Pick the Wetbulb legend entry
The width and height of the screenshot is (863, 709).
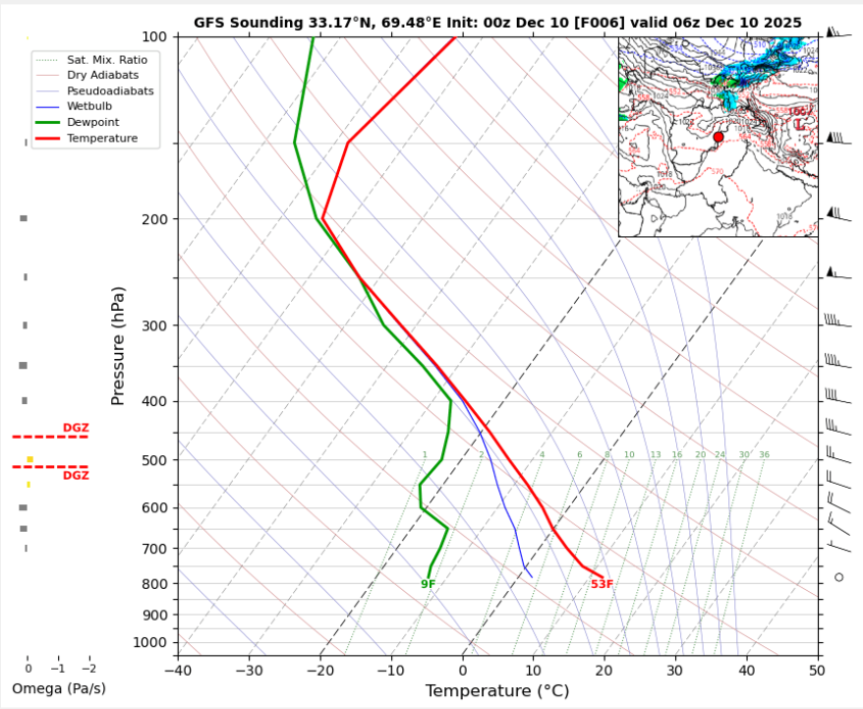coord(91,106)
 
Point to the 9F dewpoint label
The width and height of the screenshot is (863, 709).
coord(428,584)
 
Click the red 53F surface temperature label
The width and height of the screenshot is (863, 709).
coord(602,584)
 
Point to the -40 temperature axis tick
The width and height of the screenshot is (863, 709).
coord(178,671)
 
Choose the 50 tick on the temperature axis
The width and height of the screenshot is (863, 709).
coord(817,671)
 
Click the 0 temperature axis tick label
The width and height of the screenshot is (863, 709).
coord(462,671)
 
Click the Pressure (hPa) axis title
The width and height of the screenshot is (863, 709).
coord(119,345)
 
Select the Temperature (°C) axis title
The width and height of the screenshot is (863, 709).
coord(497,691)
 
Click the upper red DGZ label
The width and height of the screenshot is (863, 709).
coord(76,428)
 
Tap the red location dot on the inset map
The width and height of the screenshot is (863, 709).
coord(719,137)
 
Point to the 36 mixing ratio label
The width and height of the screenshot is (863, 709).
coord(764,455)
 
